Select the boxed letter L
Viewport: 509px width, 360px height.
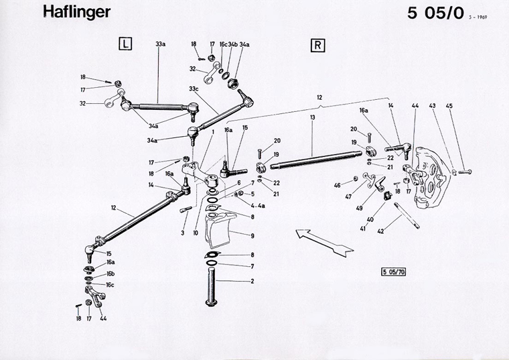pyautogui.click(x=125, y=45)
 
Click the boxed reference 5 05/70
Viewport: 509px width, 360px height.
pyautogui.click(x=393, y=272)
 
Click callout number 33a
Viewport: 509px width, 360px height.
pyautogui.click(x=160, y=44)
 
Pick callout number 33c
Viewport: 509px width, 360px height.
pyautogui.click(x=194, y=88)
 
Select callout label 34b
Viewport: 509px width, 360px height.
pyautogui.click(x=232, y=44)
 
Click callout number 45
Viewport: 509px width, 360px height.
pyautogui.click(x=449, y=105)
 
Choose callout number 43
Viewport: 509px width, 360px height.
pyautogui.click(x=433, y=105)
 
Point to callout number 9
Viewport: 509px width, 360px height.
pyautogui.click(x=252, y=235)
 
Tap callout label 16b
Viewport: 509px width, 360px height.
pyautogui.click(x=111, y=274)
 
